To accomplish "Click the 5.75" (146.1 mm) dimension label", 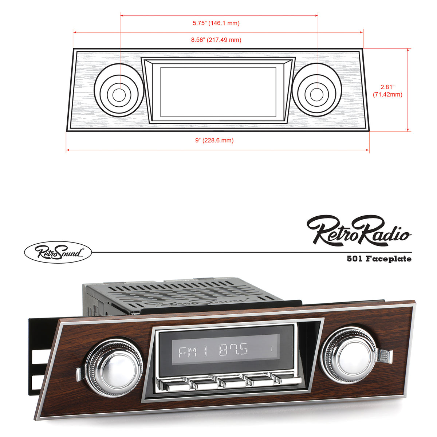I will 216,23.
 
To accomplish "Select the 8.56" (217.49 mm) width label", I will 216,40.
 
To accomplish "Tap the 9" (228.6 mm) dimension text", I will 214,141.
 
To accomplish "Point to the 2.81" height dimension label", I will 387,91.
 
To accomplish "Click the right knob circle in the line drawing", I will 316,94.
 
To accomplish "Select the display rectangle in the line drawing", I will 218,92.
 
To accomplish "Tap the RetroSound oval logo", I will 58,252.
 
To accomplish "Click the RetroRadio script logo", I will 359,230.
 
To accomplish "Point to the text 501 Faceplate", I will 379,259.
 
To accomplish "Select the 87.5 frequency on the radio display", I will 233,350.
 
